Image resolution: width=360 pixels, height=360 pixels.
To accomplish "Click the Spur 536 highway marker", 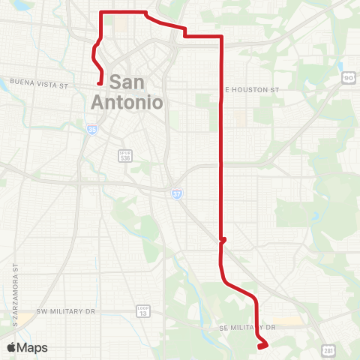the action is point(125,155).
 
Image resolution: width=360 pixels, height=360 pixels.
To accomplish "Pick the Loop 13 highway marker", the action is point(142,310).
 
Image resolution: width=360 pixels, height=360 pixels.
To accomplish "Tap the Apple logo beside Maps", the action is point(10,347).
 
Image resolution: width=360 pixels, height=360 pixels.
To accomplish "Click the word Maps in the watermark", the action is point(32,348).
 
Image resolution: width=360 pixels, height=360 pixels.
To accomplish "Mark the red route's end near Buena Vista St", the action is point(100,84).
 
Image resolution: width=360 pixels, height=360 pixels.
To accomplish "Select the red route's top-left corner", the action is point(102,13).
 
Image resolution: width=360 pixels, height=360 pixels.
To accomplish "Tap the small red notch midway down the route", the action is point(222,241).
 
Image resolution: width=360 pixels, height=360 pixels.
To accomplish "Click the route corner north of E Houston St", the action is point(221,36).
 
